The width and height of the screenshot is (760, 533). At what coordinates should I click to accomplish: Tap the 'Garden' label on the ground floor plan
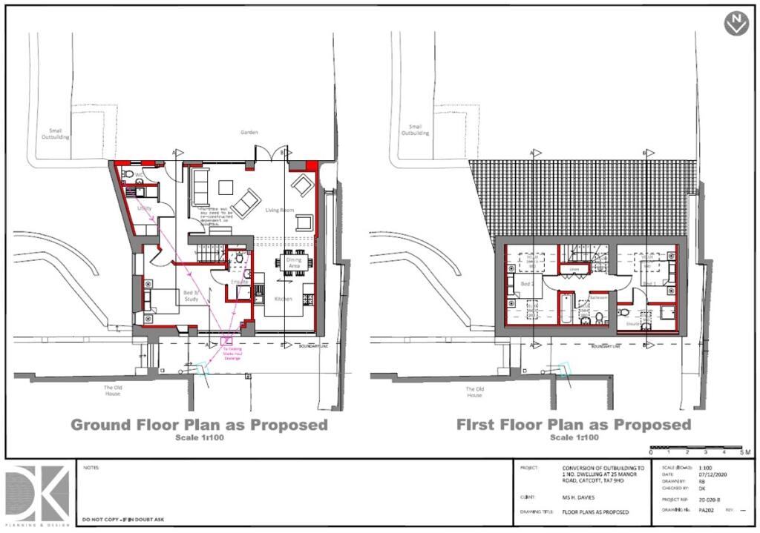[x=249, y=133]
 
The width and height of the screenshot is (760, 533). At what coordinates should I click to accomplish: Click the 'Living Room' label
[x=280, y=211]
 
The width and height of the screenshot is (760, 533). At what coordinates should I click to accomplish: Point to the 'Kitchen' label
[x=282, y=299]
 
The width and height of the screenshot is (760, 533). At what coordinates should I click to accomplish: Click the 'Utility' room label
[x=145, y=209]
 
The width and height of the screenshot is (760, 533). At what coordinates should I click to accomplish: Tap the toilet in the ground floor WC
[x=128, y=175]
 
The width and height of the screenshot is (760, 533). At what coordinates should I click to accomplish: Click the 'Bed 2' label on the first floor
[x=526, y=284]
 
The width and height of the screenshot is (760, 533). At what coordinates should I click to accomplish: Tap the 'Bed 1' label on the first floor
[x=649, y=283]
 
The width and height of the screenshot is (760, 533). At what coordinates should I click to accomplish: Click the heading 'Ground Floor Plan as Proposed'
[x=199, y=425]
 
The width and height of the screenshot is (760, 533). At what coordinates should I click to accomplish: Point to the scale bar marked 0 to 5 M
[x=695, y=448]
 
